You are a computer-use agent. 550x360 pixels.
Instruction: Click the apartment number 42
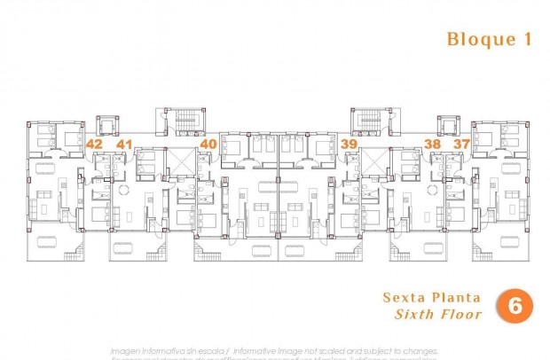point(94,144)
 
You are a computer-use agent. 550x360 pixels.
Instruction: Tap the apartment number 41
point(124,144)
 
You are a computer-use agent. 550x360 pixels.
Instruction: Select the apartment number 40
point(208,144)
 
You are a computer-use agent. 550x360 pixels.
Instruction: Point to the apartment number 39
point(349,144)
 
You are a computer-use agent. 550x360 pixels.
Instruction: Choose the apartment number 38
point(433,144)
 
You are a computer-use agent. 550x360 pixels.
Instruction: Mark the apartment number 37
point(461,144)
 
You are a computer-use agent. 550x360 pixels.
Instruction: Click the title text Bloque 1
point(479,39)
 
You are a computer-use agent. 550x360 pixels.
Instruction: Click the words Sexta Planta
point(432,297)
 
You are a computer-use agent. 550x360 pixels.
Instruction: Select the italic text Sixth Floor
point(438,314)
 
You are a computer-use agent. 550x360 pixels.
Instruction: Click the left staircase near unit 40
point(185,121)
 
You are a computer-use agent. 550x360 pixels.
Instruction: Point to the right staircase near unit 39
point(370,121)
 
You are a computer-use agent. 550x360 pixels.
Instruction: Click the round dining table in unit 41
point(124,190)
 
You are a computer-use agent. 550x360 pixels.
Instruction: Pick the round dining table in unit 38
point(433,190)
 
